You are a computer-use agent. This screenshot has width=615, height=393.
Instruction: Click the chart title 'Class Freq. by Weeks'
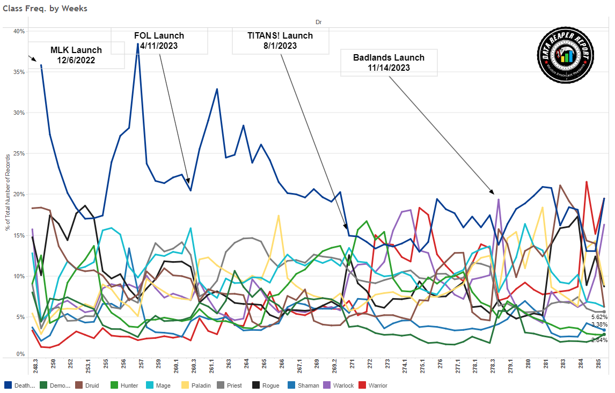(45, 9)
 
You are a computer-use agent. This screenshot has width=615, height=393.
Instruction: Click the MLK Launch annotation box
(76, 55)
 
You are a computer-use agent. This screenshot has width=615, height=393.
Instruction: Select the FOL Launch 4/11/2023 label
(159, 40)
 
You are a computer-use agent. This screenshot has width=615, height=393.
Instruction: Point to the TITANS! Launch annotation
(280, 40)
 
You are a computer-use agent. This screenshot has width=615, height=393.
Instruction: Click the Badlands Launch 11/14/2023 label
(389, 62)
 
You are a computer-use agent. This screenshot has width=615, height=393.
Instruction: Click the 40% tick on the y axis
(19, 31)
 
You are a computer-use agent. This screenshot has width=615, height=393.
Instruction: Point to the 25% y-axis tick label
(19, 153)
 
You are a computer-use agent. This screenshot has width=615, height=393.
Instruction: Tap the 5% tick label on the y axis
(20, 317)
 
